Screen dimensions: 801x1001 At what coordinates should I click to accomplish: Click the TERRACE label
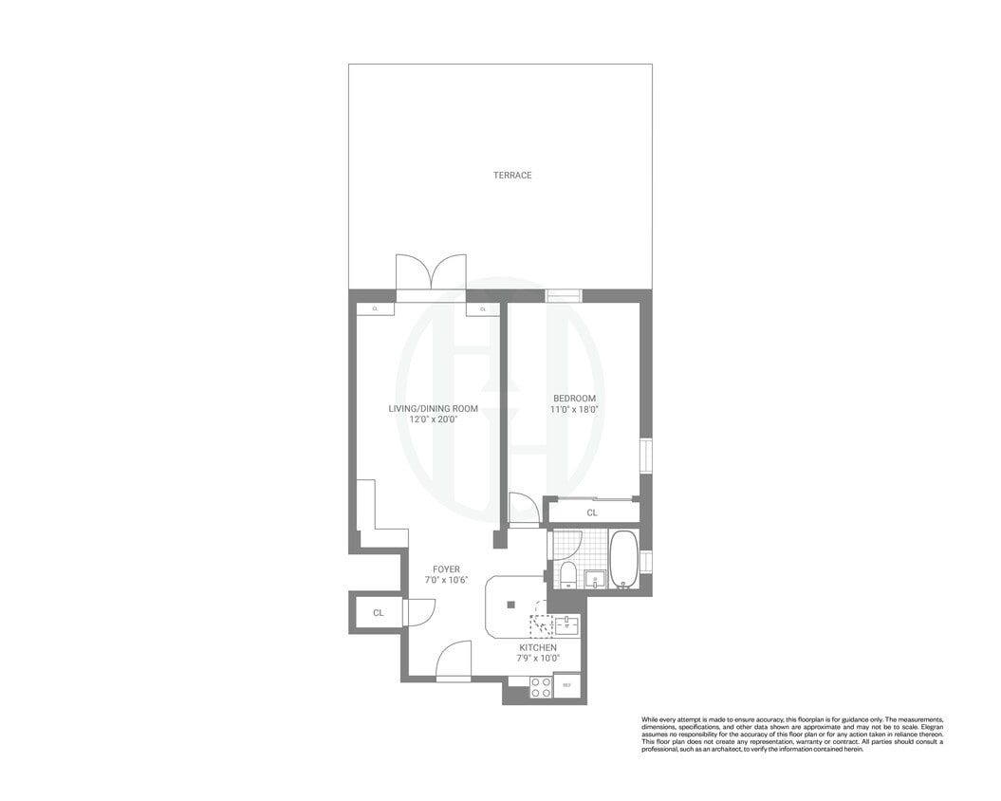[511, 176]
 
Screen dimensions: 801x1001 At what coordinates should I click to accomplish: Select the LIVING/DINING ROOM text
[433, 409]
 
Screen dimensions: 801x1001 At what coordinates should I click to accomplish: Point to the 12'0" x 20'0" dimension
[433, 419]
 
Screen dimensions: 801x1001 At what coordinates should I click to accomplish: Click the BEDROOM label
[574, 399]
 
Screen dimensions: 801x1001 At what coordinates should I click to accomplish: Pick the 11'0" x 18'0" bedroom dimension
[574, 410]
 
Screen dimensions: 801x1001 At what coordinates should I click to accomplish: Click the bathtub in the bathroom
[623, 560]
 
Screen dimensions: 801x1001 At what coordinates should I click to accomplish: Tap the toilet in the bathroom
[568, 575]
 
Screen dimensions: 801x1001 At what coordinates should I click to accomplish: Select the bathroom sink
[596, 578]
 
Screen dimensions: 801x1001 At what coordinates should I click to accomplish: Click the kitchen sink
[566, 624]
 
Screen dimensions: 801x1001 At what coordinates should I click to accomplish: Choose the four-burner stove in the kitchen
[541, 687]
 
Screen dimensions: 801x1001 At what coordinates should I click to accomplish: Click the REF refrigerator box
[567, 685]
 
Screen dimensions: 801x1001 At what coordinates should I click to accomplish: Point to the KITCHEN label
[538, 647]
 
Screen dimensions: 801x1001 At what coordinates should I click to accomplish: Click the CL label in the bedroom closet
[592, 512]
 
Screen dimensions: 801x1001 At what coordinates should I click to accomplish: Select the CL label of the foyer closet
[378, 613]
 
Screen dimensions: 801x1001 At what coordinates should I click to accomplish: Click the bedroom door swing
[523, 509]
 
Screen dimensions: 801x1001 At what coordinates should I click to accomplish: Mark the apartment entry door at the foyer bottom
[454, 661]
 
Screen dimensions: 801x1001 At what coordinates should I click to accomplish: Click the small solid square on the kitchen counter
[510, 604]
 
